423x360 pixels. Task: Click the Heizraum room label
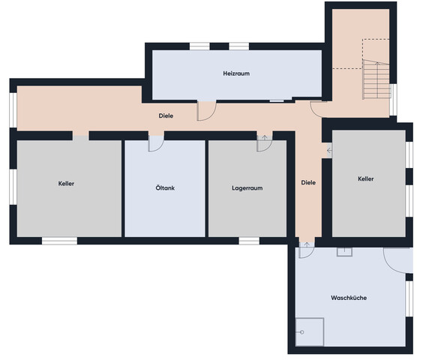tap(236, 73)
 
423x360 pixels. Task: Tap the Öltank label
tap(165, 187)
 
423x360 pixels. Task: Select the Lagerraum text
tap(247, 188)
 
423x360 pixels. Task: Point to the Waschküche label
tap(349, 298)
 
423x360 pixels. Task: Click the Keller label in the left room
tap(66, 184)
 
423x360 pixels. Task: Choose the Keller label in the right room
tap(366, 179)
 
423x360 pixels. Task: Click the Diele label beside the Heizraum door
tap(166, 115)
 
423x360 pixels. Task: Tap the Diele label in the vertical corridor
tap(308, 183)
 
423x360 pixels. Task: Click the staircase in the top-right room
tap(376, 79)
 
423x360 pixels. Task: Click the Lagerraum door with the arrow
tap(264, 143)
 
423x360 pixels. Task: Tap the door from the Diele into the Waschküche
tap(307, 250)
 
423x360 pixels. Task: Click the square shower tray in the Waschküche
tap(310, 332)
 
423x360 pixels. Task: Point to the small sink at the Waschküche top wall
tap(344, 252)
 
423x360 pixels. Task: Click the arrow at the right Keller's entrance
tap(329, 150)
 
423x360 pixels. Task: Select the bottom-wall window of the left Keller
tap(59, 241)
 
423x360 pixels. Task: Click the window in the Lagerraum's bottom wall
tap(249, 241)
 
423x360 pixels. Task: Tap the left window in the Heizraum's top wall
tap(199, 46)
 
